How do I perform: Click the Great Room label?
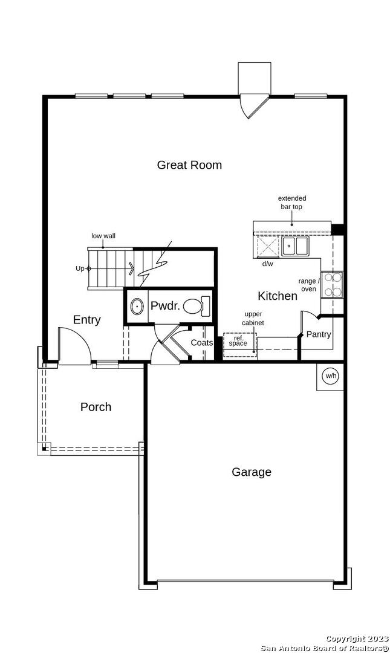189,165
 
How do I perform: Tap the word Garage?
252,472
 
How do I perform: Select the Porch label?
96,407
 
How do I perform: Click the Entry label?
86,319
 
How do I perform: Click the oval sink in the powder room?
136,307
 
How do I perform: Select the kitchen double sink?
295,245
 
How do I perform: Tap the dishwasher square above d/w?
267,245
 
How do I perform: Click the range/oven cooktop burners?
332,285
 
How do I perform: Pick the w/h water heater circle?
330,376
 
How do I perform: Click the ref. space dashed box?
240,345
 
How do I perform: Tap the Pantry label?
319,334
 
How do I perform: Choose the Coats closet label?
202,343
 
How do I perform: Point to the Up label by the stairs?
80,268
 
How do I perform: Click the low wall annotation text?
103,236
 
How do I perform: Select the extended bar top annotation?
291,203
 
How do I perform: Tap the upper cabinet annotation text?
253,318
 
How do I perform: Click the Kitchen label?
278,296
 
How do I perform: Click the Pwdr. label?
165,306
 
